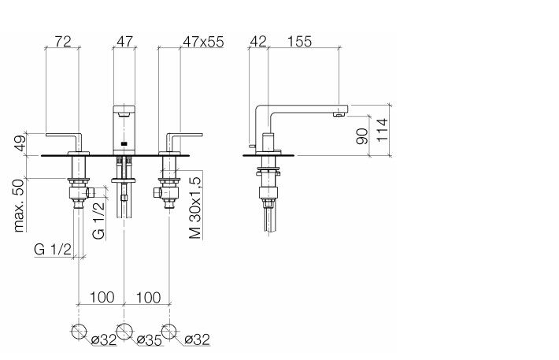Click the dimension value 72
click(x=63, y=42)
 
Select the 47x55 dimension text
click(x=203, y=42)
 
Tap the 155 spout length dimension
click(x=299, y=42)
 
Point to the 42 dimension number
click(x=258, y=42)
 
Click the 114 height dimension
click(x=382, y=130)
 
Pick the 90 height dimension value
click(x=362, y=136)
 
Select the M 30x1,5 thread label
click(x=195, y=207)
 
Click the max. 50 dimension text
click(x=19, y=206)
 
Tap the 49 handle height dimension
click(x=20, y=143)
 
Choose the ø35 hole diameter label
click(x=150, y=340)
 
